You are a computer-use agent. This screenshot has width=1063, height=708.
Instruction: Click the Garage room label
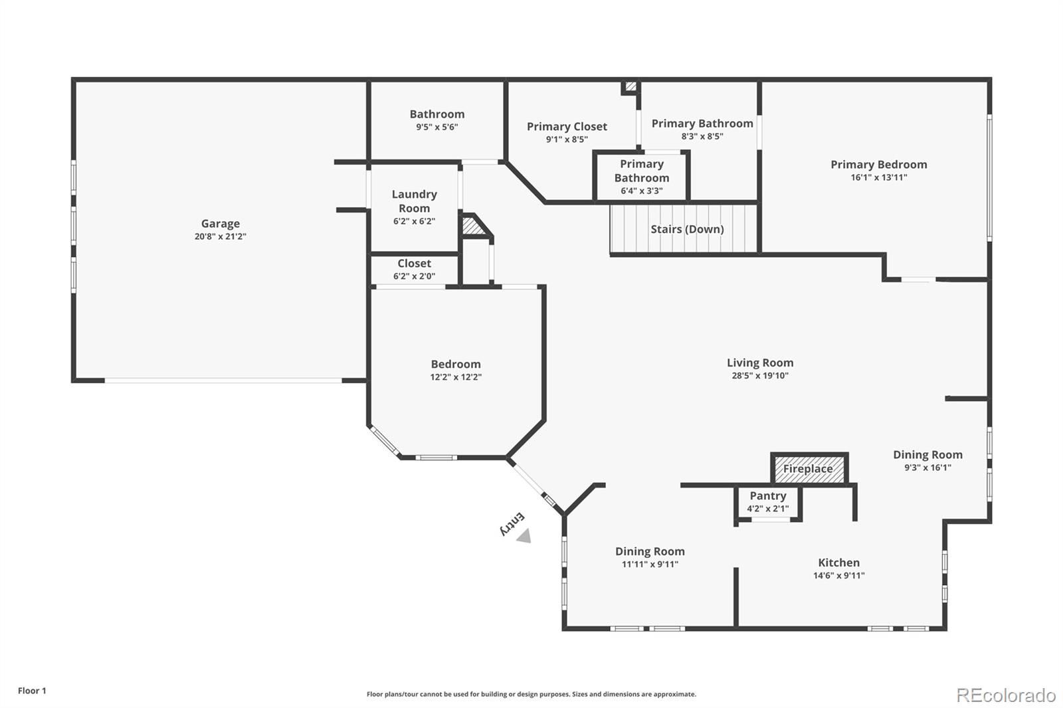[x=221, y=224]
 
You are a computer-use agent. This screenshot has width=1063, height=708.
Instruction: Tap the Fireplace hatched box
[x=809, y=469]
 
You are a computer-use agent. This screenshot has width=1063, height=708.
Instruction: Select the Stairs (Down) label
[x=687, y=229]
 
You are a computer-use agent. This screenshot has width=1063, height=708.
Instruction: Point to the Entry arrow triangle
[x=524, y=536]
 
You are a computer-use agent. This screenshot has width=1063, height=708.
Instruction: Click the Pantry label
[x=768, y=496]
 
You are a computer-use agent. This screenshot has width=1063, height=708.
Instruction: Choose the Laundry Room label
[x=414, y=201]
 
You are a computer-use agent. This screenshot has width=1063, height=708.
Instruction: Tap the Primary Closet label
[x=567, y=126]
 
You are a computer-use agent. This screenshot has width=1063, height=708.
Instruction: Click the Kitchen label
[x=838, y=563]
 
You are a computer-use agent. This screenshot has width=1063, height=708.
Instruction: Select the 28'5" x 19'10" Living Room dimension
[x=760, y=375]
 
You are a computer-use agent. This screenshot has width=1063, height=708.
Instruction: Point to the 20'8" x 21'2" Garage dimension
[x=221, y=236]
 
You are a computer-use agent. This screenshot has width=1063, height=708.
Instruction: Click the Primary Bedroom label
[x=879, y=165]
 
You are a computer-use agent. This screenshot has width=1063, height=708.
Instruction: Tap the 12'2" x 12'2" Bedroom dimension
[x=456, y=377]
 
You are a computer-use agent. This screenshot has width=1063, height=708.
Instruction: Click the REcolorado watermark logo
[x=1006, y=695]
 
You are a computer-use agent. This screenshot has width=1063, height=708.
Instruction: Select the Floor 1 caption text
[x=32, y=691]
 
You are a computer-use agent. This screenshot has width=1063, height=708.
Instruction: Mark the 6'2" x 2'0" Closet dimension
[x=414, y=276]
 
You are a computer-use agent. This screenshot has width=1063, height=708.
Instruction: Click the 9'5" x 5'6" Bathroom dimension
[x=437, y=127]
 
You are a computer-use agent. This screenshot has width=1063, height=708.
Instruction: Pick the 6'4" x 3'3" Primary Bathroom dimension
[x=642, y=191]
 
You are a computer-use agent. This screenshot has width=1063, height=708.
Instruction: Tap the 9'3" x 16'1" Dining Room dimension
[x=927, y=467]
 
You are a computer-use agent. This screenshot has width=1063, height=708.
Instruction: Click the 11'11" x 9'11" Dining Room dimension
[x=650, y=564]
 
